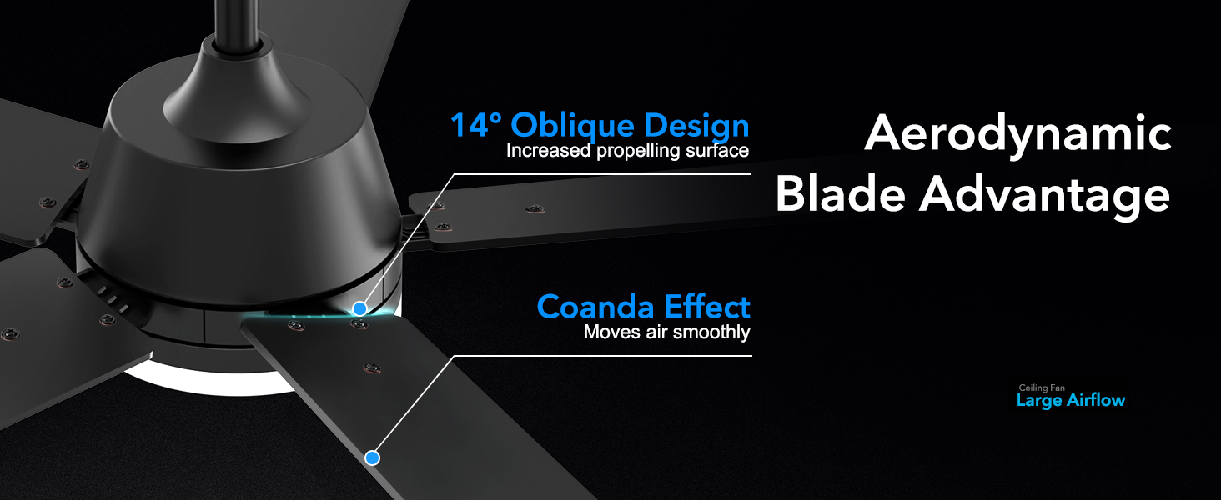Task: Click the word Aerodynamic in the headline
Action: (x=1017, y=133)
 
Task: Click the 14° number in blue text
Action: (x=476, y=126)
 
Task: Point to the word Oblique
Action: (x=570, y=127)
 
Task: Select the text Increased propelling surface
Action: (x=627, y=151)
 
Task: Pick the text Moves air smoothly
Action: (x=666, y=332)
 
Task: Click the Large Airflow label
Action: (x=1071, y=401)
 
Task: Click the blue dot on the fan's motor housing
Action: (x=359, y=308)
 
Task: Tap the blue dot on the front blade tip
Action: (x=372, y=457)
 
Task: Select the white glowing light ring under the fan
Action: (x=200, y=386)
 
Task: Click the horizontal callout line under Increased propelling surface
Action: (x=600, y=174)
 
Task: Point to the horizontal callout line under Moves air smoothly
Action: (x=600, y=356)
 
